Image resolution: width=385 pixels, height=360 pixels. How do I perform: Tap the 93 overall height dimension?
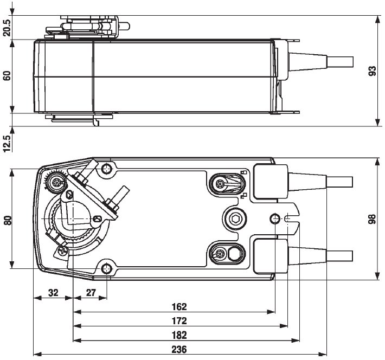[372, 71]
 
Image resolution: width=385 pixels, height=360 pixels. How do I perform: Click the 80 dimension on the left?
[7, 220]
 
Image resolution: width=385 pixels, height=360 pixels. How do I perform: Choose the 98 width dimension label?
[372, 219]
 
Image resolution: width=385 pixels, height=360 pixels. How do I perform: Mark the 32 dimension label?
[53, 293]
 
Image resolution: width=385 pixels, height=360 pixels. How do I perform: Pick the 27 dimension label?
[91, 293]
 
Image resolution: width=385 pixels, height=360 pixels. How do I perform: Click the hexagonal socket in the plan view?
[236, 218]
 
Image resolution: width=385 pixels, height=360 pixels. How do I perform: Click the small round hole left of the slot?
[275, 218]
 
